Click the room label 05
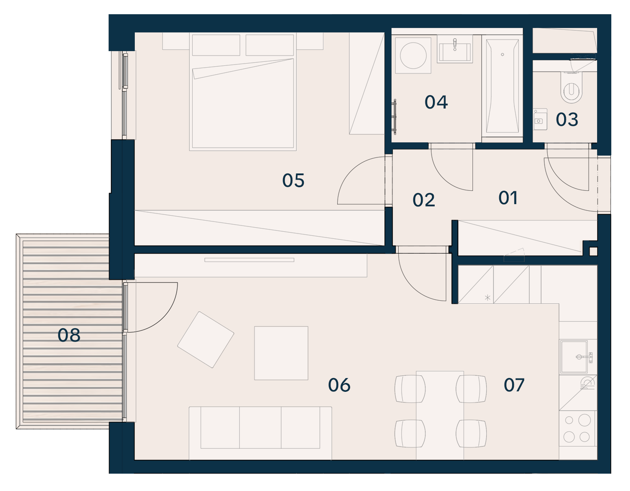[x=293, y=180]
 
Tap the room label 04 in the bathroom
[x=436, y=102]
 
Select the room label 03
[x=567, y=119]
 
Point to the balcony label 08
[x=69, y=335]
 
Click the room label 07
[x=514, y=385]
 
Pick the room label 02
[x=424, y=200]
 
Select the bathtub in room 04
[x=502, y=86]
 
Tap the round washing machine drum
[x=413, y=55]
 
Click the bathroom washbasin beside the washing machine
[x=455, y=52]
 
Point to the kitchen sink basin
[x=574, y=357]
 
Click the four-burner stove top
[x=577, y=428]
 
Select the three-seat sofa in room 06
[x=260, y=433]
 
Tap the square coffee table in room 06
[x=281, y=353]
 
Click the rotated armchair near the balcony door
[x=206, y=340]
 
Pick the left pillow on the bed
[x=216, y=45]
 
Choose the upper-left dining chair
[x=410, y=389]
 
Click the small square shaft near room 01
[x=593, y=251]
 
